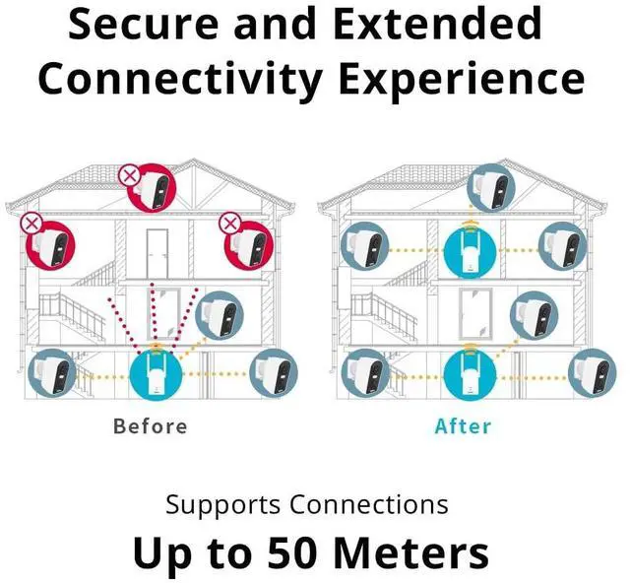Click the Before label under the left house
(150, 426)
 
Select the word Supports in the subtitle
(222, 505)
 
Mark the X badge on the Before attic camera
(130, 176)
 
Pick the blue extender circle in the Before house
(156, 373)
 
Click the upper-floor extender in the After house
(471, 249)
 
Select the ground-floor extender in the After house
(469, 373)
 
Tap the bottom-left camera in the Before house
(51, 373)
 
